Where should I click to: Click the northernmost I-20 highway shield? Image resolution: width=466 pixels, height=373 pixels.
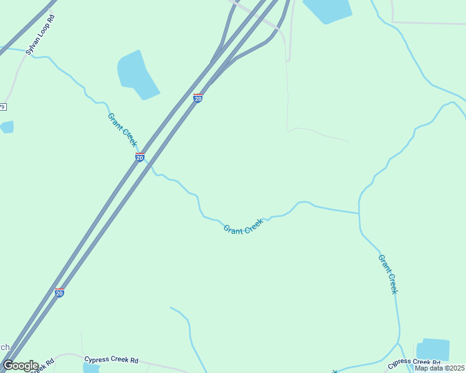[x=198, y=98]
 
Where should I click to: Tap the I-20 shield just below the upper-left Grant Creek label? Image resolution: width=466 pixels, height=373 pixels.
[x=140, y=157]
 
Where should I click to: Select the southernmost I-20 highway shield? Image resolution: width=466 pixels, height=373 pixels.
[x=59, y=292]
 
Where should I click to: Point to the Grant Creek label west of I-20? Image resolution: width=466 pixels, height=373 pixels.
[x=122, y=129]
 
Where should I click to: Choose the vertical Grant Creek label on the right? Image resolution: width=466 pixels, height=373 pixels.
[x=388, y=274]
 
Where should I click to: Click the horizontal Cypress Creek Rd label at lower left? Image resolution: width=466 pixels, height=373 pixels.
[x=112, y=360]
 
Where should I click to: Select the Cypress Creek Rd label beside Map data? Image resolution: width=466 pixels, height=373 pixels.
[x=414, y=362]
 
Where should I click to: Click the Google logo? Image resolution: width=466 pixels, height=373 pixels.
[x=21, y=366]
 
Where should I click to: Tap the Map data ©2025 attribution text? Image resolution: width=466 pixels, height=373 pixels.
[x=440, y=368]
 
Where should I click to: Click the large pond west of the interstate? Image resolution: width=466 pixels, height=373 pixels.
[x=136, y=75]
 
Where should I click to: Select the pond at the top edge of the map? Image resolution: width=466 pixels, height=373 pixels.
[x=326, y=10]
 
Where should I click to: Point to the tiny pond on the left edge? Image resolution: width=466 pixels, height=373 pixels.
[x=6, y=127]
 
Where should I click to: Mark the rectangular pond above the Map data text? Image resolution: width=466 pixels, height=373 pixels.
[x=434, y=349]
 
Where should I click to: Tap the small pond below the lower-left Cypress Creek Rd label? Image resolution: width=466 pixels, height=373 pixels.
[x=91, y=369]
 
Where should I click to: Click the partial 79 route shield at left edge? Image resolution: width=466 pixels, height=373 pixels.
[x=2, y=107]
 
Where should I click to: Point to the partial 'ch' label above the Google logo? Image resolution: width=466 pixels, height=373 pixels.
[x=4, y=348]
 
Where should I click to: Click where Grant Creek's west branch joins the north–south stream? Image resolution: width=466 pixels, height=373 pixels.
[x=359, y=213]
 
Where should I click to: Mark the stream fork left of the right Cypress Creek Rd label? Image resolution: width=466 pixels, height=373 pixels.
[x=399, y=343]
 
